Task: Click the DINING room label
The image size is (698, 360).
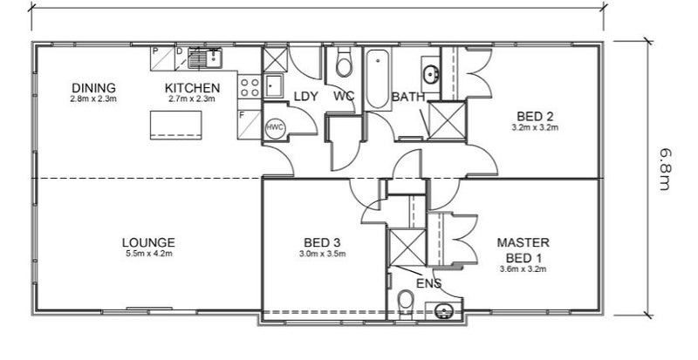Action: coord(93,88)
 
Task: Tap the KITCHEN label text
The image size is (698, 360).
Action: coord(192,88)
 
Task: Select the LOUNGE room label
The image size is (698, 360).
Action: coord(148,242)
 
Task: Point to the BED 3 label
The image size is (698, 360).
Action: coord(322,242)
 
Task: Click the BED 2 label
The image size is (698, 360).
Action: coord(535,117)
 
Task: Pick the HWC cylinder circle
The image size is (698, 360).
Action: coord(275,127)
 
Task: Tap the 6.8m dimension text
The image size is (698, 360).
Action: coord(665,169)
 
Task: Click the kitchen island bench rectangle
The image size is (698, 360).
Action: coord(176,125)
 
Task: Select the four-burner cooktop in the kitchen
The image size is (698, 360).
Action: coord(250,87)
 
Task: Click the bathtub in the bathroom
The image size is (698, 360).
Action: coord(378,79)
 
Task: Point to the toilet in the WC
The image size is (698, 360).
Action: coord(343,62)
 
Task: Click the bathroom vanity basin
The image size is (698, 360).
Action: coord(430,74)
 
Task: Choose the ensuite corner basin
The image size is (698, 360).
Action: coord(443,310)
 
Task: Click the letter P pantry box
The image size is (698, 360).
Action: coord(162,58)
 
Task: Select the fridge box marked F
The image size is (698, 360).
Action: coord(250,125)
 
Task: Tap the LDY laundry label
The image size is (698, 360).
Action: coord(306,96)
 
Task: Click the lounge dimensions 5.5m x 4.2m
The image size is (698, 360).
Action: coord(148,254)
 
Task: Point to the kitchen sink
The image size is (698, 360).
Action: coord(205,58)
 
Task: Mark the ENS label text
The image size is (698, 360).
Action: coord(428,283)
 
